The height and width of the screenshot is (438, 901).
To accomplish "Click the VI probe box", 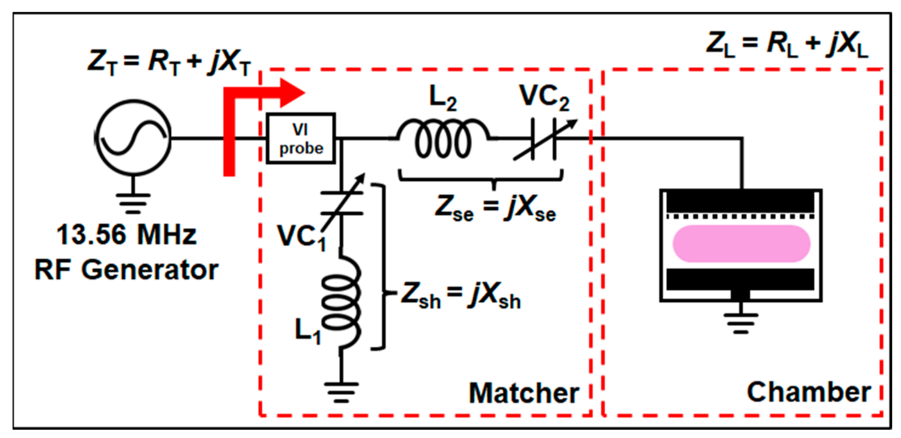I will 301,139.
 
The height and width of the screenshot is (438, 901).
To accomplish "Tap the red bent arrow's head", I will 292,93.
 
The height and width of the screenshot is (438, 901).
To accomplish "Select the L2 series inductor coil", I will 443,138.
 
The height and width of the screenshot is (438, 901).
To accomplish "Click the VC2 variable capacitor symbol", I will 543,139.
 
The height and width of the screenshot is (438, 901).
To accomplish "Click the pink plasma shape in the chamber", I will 741,244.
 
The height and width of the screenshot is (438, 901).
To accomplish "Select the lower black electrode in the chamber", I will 740,279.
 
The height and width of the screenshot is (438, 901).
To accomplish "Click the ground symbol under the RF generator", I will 133,203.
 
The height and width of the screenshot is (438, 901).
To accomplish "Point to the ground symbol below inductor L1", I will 341,391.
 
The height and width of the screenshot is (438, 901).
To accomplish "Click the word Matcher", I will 523,393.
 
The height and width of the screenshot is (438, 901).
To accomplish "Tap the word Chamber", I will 808,392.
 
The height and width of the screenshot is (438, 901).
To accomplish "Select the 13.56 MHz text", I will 126,235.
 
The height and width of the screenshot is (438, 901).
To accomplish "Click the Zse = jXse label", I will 495,208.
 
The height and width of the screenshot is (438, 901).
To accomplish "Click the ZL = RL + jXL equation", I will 787,44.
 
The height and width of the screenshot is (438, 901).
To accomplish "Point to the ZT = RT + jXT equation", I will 169,62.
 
